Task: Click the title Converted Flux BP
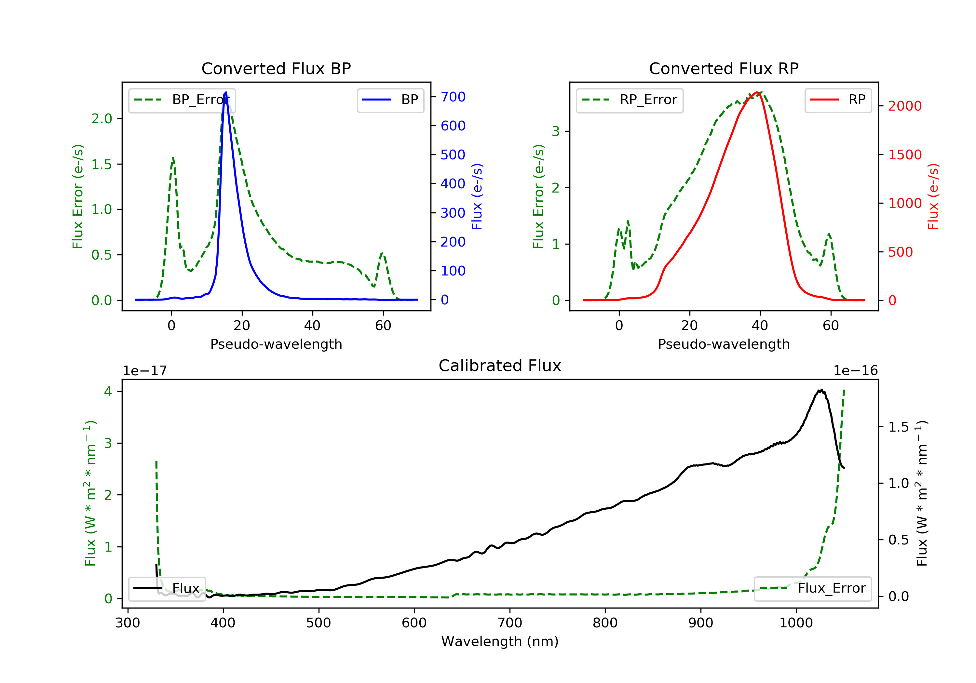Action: tap(276, 68)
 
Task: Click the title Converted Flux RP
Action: tap(724, 68)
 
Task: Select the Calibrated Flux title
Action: tap(500, 366)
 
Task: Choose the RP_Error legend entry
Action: tap(630, 100)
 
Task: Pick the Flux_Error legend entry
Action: tap(812, 589)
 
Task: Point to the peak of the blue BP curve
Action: tap(226, 92)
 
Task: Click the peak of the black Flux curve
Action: tap(821, 390)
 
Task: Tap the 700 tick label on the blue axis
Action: tap(453, 97)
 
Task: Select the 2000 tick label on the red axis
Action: tap(904, 106)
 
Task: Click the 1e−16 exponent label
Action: tap(856, 371)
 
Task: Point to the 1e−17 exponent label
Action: tap(144, 371)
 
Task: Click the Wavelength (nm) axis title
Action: tap(500, 641)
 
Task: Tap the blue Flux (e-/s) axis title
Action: tap(477, 197)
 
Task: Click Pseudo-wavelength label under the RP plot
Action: tap(724, 344)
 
